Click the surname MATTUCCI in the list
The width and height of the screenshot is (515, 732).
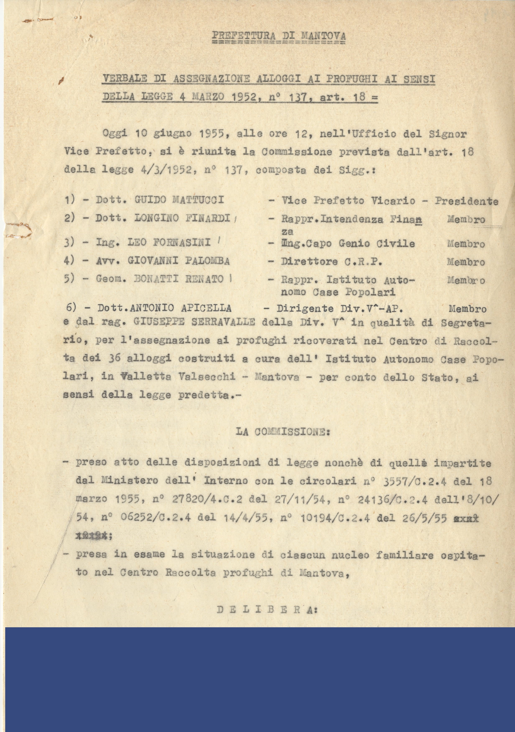coord(198,200)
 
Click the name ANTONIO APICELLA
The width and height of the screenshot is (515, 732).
coord(181,308)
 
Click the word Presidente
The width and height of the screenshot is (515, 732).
coord(467,201)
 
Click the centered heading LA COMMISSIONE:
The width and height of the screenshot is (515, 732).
coord(283,432)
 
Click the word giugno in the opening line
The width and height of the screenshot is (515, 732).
coord(172,134)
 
